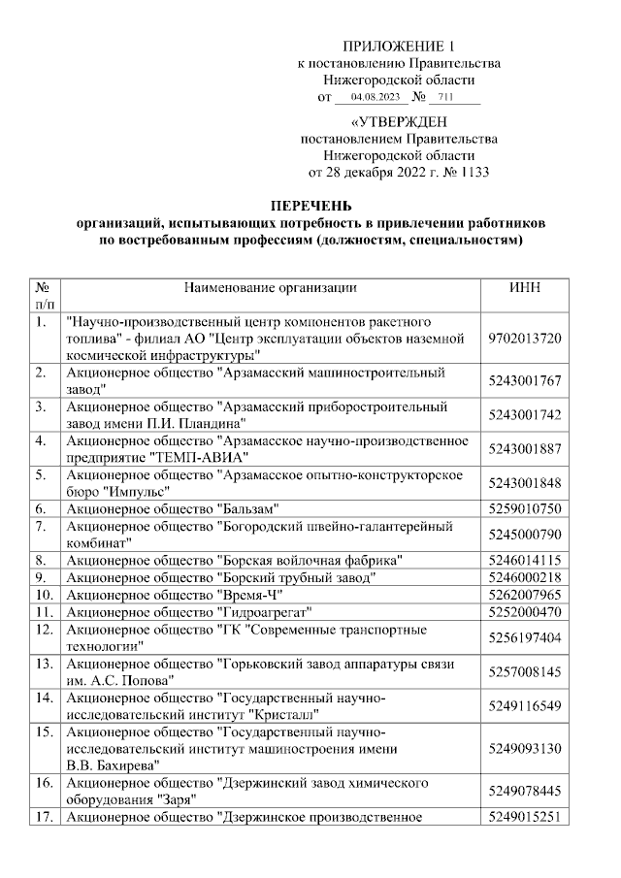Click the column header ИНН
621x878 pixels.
click(x=524, y=288)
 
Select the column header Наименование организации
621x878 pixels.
click(x=269, y=288)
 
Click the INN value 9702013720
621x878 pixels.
click(x=524, y=338)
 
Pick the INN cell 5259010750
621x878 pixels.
click(x=524, y=508)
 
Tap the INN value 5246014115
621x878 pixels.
click(x=524, y=560)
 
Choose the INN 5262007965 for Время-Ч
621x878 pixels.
click(x=524, y=595)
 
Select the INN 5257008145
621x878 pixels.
click(x=524, y=671)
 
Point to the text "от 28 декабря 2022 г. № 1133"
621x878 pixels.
click(x=399, y=173)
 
